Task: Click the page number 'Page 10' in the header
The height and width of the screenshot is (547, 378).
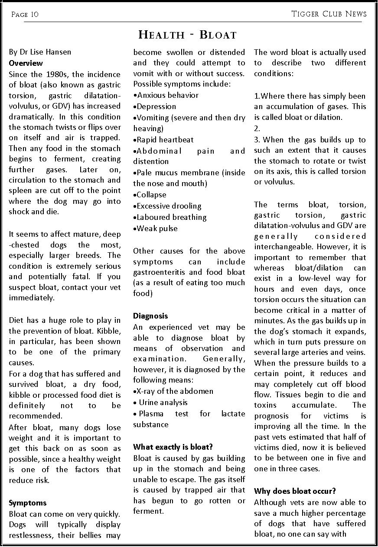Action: (x=25, y=14)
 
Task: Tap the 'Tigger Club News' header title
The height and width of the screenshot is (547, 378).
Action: (x=329, y=14)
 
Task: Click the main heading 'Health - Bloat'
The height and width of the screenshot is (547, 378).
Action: (x=187, y=35)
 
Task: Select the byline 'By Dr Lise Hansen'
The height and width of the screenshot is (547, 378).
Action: (x=40, y=52)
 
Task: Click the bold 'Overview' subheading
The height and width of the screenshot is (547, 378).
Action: (x=26, y=63)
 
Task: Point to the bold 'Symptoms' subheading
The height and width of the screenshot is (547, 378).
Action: (x=27, y=503)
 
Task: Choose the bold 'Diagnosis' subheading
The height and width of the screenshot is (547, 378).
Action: (x=150, y=316)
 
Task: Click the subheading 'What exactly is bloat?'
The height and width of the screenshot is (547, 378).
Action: (x=173, y=447)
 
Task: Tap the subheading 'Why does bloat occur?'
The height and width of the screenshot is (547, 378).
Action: (x=295, y=491)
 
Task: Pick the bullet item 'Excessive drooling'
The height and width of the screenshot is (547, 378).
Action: (x=169, y=206)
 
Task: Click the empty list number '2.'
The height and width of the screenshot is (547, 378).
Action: (x=257, y=129)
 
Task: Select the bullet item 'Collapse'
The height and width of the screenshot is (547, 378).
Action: (x=151, y=195)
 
